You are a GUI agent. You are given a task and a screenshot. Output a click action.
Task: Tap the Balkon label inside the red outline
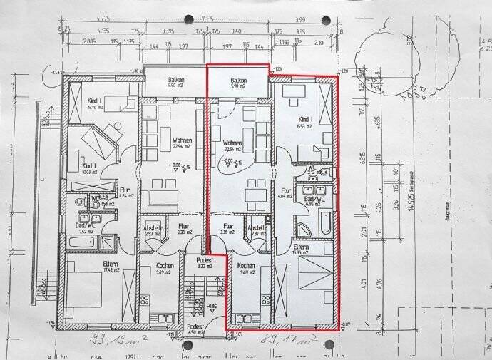point(238,81)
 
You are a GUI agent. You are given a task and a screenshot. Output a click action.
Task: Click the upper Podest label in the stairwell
point(195,261)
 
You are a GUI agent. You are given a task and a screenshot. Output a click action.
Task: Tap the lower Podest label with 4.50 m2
point(195,327)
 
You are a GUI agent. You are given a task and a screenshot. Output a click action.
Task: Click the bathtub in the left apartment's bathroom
point(84,242)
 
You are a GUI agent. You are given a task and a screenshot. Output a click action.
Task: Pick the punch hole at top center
point(188,19)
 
